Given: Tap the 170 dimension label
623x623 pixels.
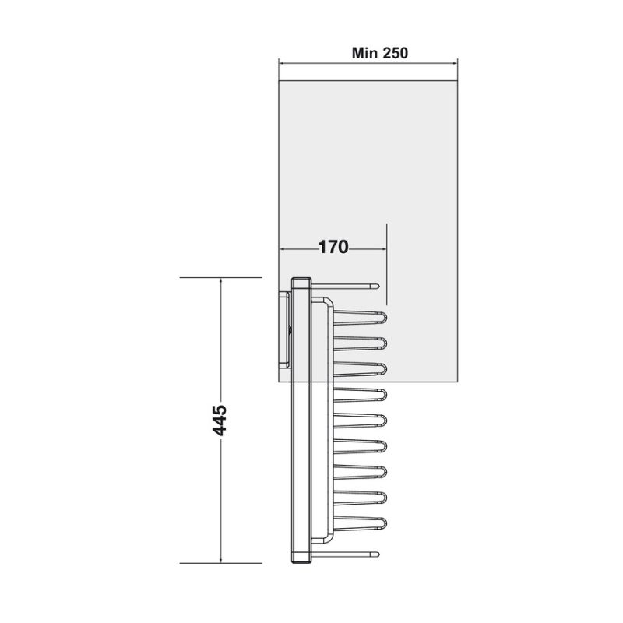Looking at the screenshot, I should point(333,248).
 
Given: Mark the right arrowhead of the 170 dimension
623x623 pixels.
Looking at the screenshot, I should point(383,248).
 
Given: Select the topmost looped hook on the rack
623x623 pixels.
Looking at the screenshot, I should point(360,317).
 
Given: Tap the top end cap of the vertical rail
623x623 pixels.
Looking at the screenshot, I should point(301,282).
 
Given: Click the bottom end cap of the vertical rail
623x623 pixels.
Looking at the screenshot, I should point(301,557).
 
